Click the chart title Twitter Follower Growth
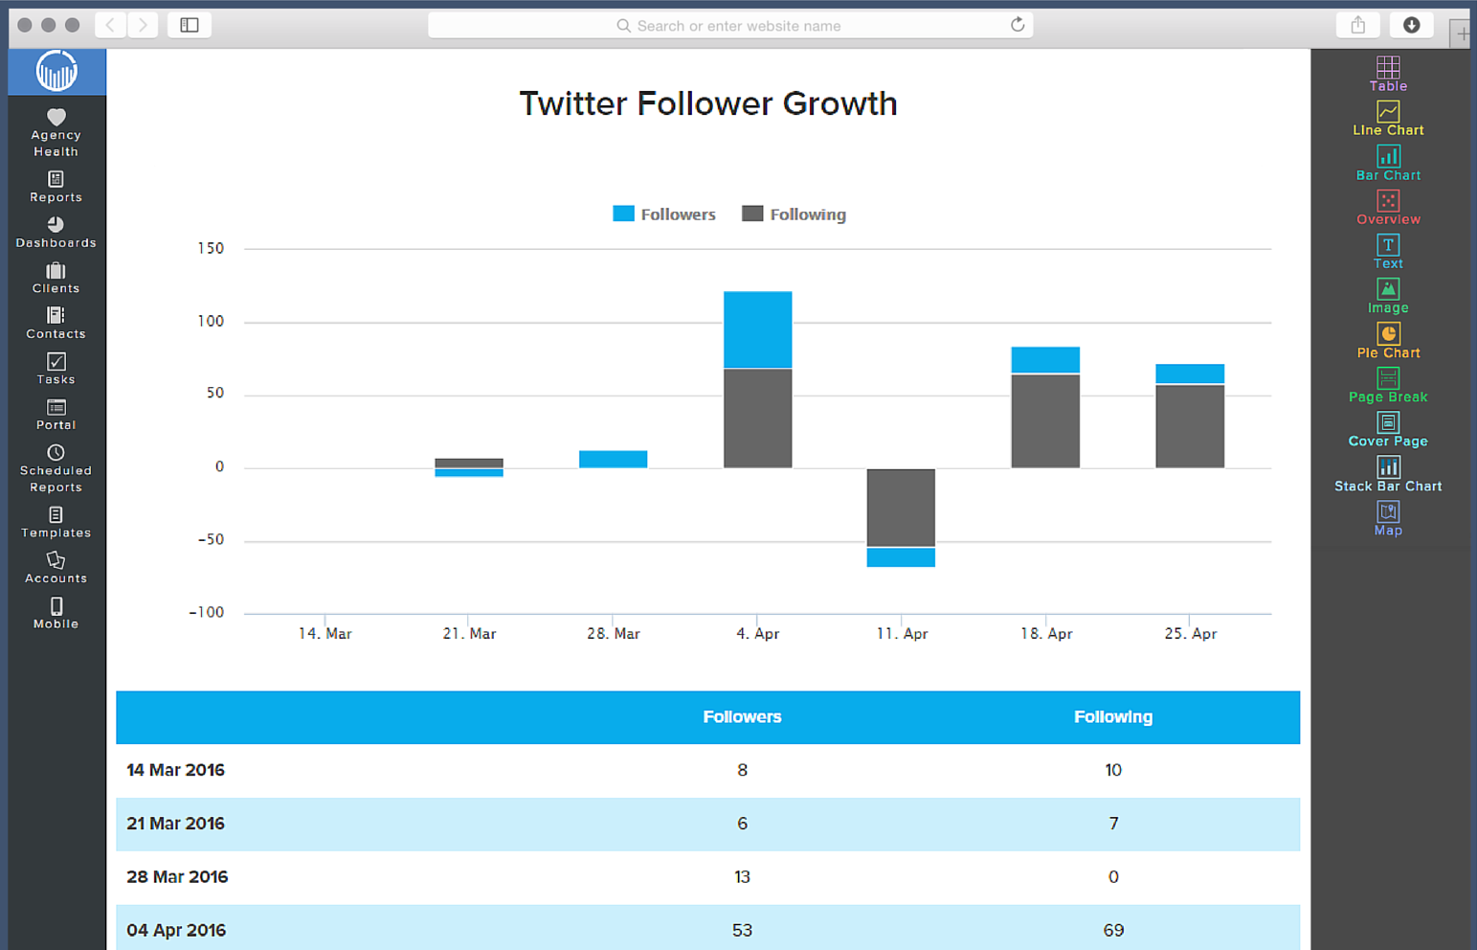click(707, 103)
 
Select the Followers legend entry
click(664, 215)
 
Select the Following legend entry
click(794, 215)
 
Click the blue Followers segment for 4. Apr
click(757, 329)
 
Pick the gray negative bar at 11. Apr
click(901, 508)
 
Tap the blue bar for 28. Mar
click(613, 459)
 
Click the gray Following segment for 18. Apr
click(1045, 420)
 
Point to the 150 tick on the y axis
click(211, 248)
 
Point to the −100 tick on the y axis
click(207, 612)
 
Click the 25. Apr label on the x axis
click(1190, 633)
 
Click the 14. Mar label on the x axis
click(324, 633)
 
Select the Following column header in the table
click(1112, 716)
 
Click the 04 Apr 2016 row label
click(176, 930)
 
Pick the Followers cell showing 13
click(742, 876)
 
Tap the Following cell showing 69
click(1112, 930)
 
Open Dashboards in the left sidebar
click(56, 233)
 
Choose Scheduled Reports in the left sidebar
click(56, 469)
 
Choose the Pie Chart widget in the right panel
click(1388, 341)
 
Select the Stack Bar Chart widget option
click(1388, 475)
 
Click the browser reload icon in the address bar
click(1018, 25)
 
